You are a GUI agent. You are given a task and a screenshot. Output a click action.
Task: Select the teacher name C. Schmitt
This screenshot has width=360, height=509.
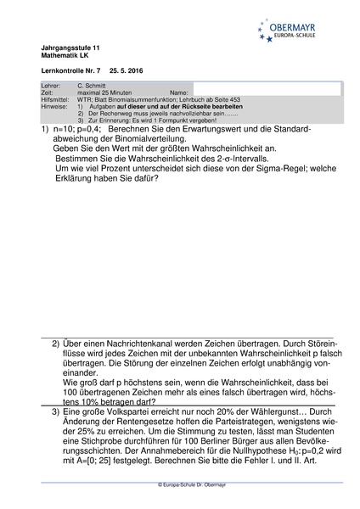pyautogui.click(x=93, y=87)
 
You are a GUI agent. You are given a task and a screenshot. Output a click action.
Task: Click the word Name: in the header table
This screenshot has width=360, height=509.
pyautogui.click(x=179, y=92)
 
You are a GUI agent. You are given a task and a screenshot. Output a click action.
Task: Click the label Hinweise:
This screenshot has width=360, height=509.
pyautogui.click(x=53, y=106)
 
